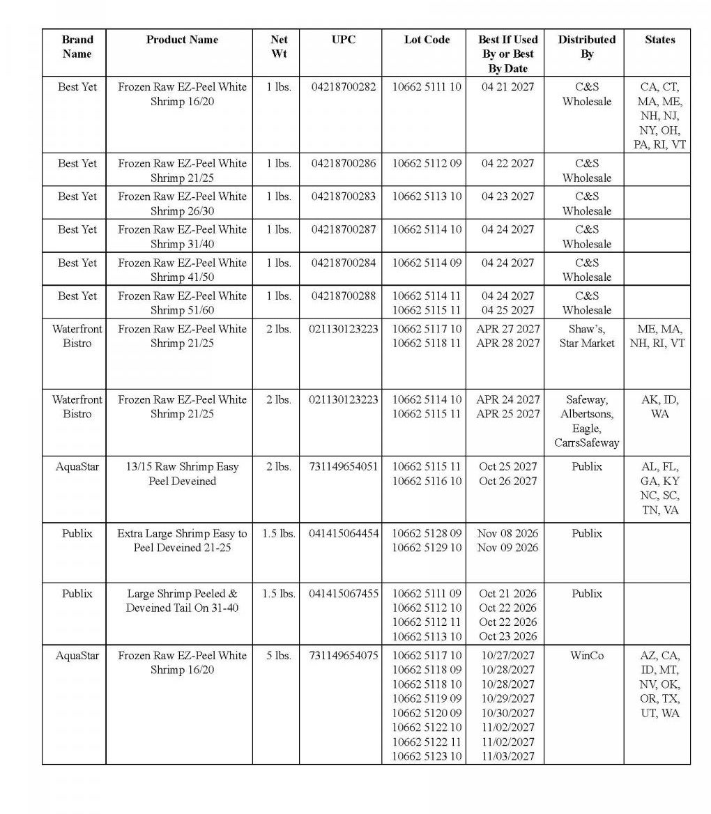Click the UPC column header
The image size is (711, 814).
(343, 40)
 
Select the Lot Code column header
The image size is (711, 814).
(427, 40)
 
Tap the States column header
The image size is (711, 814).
(659, 40)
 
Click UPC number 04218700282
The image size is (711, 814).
(343, 87)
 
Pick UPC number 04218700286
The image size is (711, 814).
(343, 164)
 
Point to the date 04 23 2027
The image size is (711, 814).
(507, 197)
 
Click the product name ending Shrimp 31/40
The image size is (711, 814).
(182, 236)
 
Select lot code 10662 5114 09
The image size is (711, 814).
(427, 263)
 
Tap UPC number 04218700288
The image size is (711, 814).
(343, 296)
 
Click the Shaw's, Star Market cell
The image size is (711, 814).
(587, 336)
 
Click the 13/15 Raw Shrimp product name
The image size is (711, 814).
(182, 474)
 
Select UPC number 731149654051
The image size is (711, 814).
(343, 467)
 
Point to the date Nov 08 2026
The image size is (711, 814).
(507, 533)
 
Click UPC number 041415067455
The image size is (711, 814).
(343, 594)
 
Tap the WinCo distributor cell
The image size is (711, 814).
(587, 656)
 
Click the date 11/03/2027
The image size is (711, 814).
(507, 756)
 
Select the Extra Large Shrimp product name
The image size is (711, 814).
(182, 540)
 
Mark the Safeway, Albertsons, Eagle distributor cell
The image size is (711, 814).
(587, 421)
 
